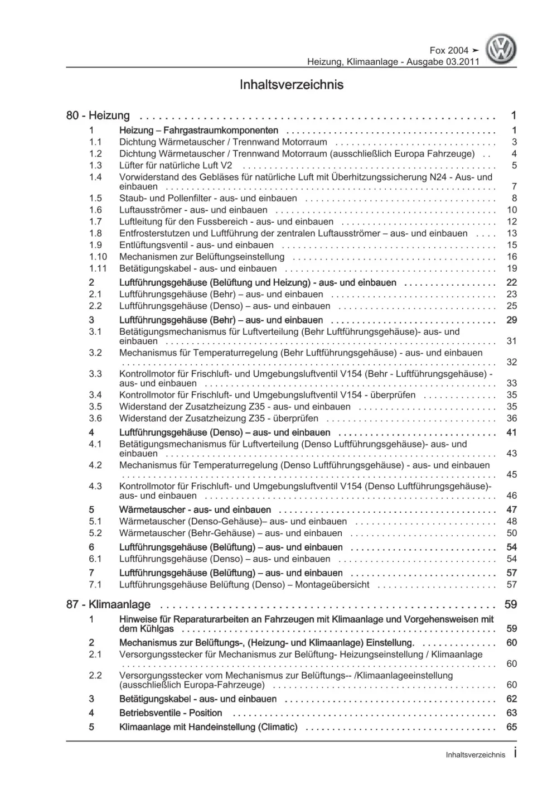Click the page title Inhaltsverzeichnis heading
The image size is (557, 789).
[x=291, y=85]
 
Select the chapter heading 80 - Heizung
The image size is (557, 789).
[x=98, y=116]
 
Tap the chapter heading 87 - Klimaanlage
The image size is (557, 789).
[x=108, y=604]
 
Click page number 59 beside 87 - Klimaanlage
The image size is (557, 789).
[x=511, y=604]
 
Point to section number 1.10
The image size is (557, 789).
[x=98, y=257]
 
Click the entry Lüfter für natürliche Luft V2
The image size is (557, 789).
[x=176, y=165]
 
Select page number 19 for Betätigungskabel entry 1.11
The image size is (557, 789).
[x=511, y=268]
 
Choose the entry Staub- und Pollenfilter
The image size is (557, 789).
[x=208, y=198]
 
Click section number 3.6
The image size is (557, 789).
[x=95, y=418]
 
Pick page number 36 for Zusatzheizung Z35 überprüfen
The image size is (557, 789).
[x=511, y=418]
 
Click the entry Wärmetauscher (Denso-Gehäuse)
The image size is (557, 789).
[x=233, y=521]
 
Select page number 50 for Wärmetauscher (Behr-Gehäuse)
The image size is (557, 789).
[x=511, y=533]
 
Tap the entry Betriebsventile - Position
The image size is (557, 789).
[x=171, y=713]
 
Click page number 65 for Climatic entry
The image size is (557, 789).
[x=511, y=727]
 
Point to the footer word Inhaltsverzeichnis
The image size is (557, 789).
[x=475, y=755]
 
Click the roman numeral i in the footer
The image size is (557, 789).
[x=514, y=754]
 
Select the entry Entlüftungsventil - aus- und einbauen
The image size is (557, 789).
[x=196, y=245]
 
